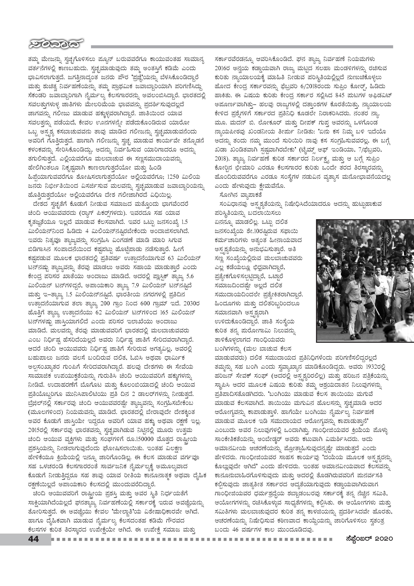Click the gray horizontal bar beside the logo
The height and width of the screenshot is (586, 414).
(x=242, y=47)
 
